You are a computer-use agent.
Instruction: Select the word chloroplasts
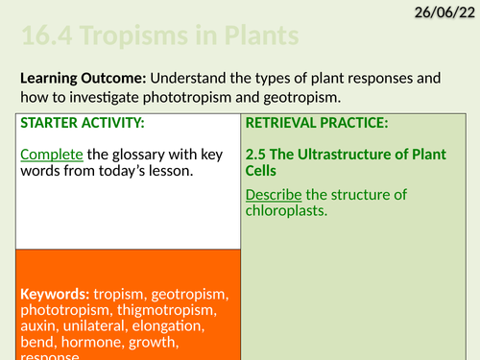click(286, 212)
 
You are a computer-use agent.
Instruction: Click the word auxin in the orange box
click(40, 327)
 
